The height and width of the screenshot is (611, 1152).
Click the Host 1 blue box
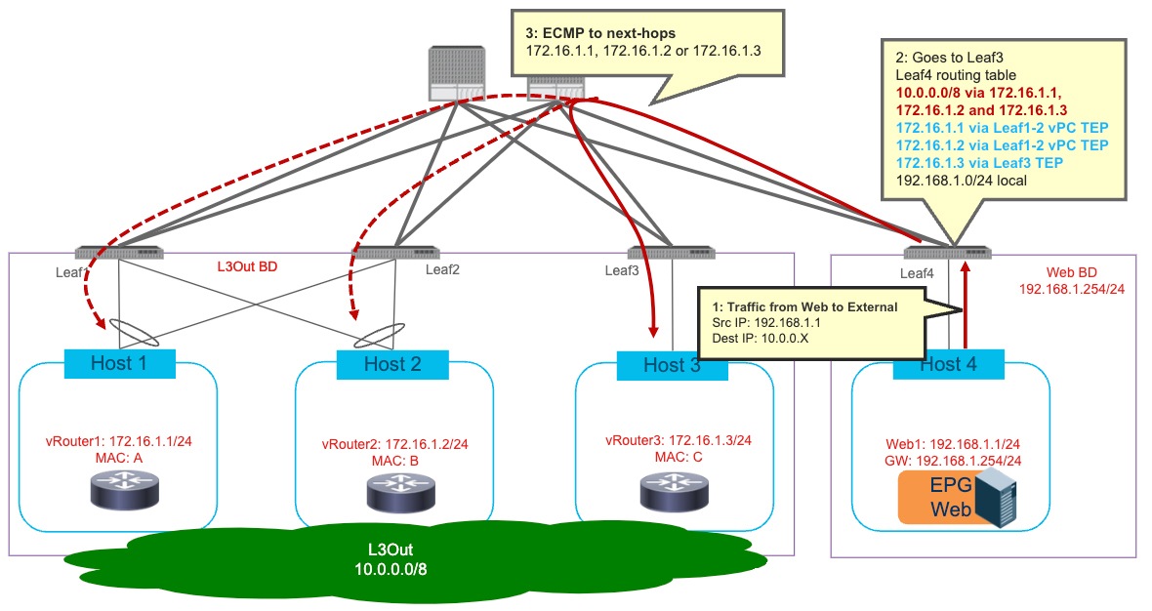[x=119, y=363]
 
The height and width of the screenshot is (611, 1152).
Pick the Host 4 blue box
[x=948, y=364]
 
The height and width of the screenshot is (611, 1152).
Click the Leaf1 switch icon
[x=119, y=252]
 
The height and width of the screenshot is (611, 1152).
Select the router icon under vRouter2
[x=399, y=492]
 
